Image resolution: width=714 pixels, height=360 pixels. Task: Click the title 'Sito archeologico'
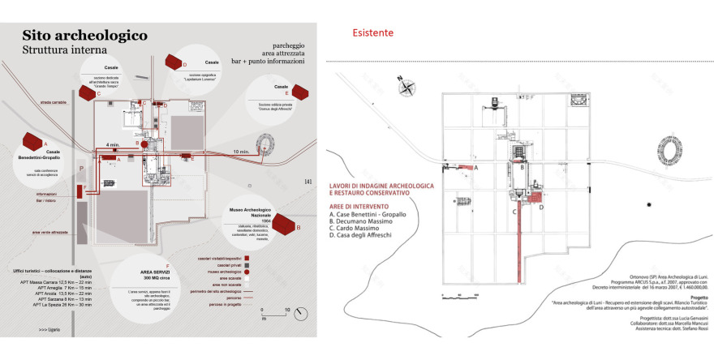84,36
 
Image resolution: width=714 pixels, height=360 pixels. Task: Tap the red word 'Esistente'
373,33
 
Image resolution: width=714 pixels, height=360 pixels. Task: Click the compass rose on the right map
402,84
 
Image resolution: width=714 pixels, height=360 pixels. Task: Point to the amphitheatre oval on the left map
265,144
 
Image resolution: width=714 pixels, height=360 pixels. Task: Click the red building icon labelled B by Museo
286,222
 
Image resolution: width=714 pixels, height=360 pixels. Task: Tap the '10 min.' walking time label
240,152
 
